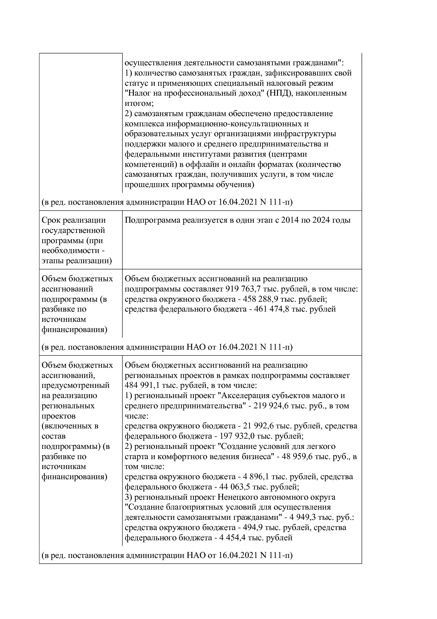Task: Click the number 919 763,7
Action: pos(240,289)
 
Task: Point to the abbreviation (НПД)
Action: pos(280,94)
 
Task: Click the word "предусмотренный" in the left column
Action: pos(75,385)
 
